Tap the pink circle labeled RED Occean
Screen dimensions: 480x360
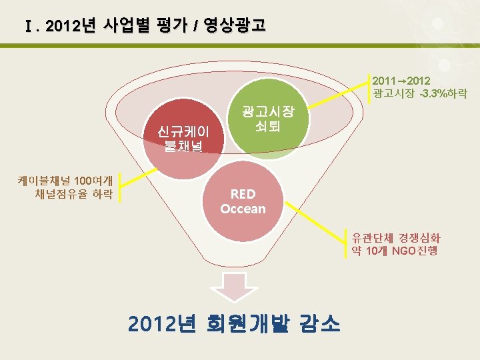243,201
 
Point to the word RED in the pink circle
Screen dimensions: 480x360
243,194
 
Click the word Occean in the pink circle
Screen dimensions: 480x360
243,209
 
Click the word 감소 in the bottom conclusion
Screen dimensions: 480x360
320,324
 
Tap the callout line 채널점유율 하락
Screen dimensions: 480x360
73,194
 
